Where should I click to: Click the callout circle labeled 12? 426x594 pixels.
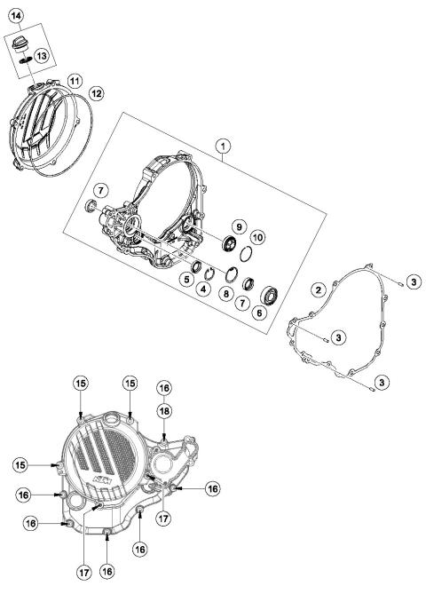[x=97, y=91]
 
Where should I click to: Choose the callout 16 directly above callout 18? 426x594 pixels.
[x=164, y=387]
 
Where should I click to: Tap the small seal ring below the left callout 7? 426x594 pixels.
[x=90, y=208]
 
